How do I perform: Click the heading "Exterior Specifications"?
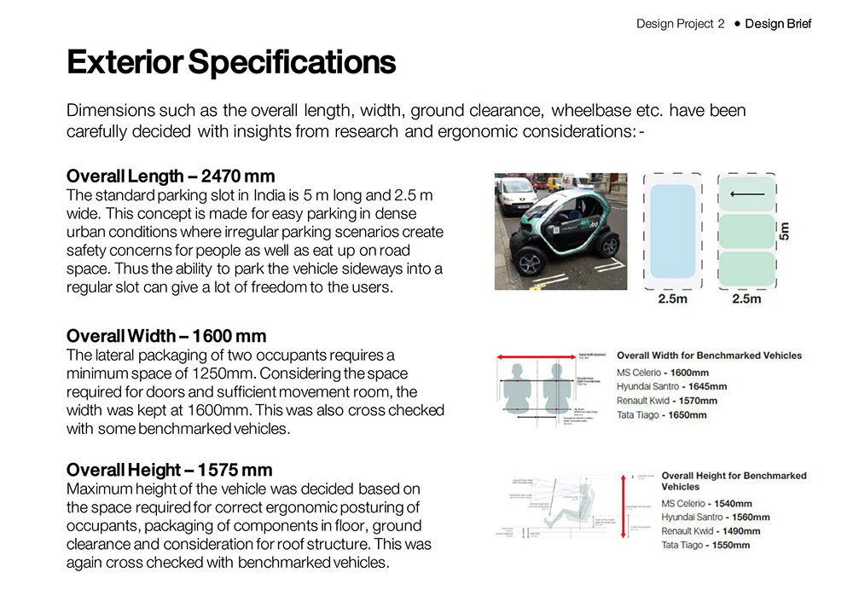[x=230, y=63]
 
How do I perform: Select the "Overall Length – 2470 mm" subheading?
[x=171, y=176]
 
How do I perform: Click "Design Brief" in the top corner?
[x=778, y=24]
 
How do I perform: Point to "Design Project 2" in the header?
[x=680, y=24]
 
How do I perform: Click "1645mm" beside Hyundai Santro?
[x=706, y=386]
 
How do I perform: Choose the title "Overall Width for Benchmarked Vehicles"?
[x=709, y=355]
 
